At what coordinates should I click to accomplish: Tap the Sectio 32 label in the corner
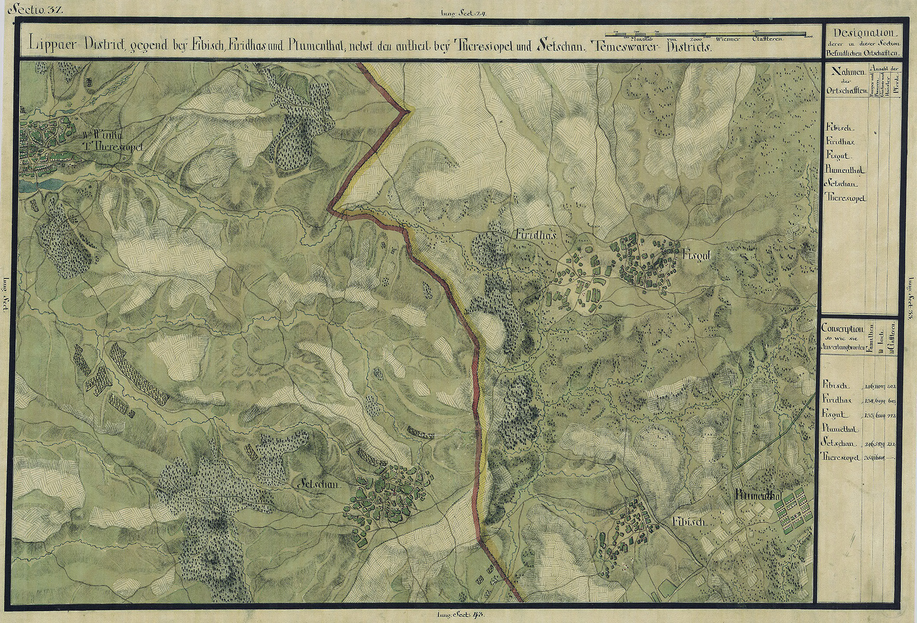click(x=35, y=8)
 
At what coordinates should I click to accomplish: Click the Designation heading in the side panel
click(x=862, y=33)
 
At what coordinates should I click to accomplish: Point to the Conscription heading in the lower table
click(x=842, y=329)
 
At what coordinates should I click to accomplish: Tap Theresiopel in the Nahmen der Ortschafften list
click(x=846, y=198)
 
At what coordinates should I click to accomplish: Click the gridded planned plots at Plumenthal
click(x=792, y=512)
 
